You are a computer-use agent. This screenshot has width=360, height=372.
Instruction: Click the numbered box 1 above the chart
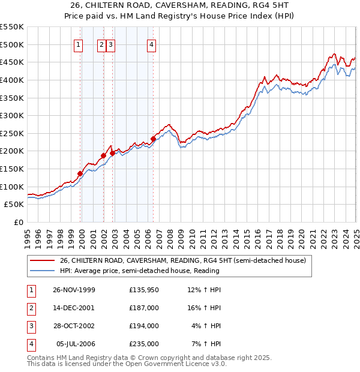click(79, 44)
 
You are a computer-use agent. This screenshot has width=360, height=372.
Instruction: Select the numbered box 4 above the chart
click(152, 44)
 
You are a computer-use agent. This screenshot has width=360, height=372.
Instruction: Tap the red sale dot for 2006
click(153, 139)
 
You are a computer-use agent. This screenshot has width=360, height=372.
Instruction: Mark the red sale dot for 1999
click(80, 173)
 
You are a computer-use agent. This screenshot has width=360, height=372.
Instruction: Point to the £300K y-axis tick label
click(12, 115)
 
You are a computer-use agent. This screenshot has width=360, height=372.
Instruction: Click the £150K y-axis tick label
click(12, 169)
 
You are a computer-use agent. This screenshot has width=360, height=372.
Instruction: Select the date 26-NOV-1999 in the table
click(74, 290)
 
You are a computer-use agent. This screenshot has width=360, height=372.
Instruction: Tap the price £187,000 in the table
click(144, 308)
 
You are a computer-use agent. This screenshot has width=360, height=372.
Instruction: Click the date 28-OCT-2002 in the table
click(74, 326)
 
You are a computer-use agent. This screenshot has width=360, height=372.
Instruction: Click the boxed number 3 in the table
click(30, 326)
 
